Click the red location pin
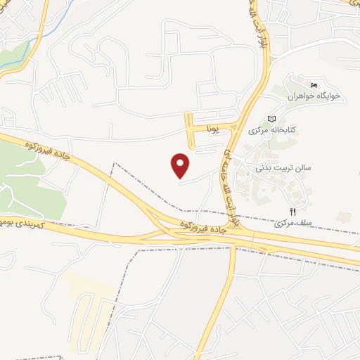pyautogui.click(x=181, y=165)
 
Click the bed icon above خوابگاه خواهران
pyautogui.click(x=314, y=85)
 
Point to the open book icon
pyautogui.click(x=272, y=119)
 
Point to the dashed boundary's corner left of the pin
pyautogui.click(x=114, y=165)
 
